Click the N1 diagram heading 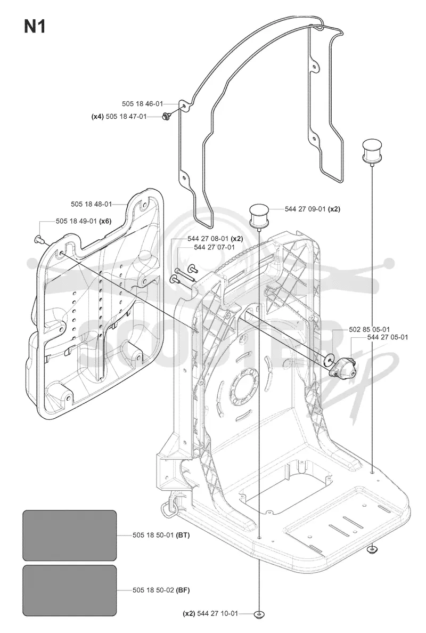(35, 27)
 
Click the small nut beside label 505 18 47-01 (165, 116)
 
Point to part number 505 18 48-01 (91, 204)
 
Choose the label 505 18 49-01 (76, 221)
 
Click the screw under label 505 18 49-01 (39, 239)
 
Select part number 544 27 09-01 (305, 209)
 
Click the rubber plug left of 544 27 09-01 (258, 216)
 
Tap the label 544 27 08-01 (208, 239)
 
